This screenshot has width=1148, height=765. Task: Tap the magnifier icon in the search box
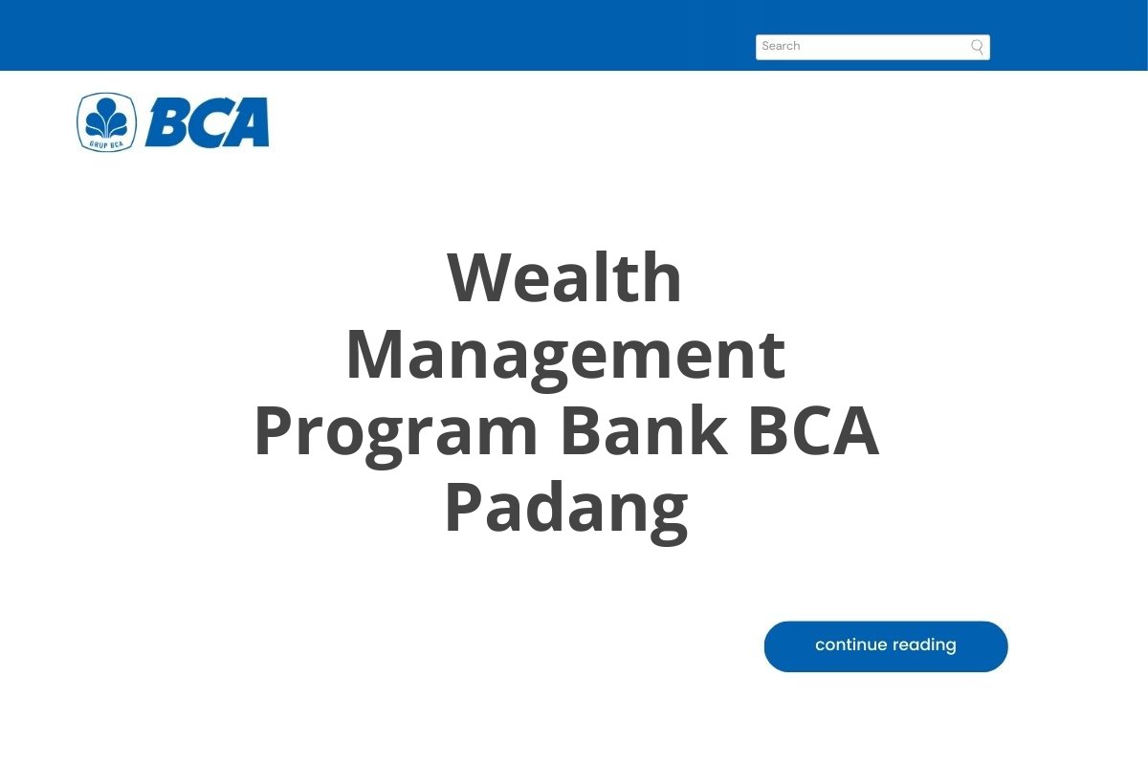click(x=977, y=47)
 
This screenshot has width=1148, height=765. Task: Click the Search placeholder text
click(x=781, y=46)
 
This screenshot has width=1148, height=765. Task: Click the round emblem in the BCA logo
click(x=106, y=121)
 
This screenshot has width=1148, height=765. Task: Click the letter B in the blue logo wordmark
click(x=167, y=122)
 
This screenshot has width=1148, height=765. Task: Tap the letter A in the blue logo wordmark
click(x=248, y=122)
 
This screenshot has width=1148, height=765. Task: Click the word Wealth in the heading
click(x=564, y=278)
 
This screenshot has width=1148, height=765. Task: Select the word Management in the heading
click(x=564, y=355)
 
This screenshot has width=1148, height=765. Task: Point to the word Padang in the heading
click(x=565, y=509)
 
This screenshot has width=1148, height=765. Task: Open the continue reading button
click(x=886, y=646)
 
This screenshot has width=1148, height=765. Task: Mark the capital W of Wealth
click(x=482, y=278)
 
